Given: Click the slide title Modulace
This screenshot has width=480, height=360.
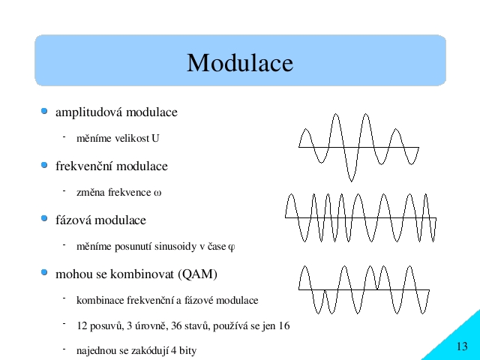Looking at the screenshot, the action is pyautogui.click(x=240, y=63).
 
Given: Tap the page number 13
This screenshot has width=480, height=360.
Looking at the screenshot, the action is pyautogui.click(x=462, y=346).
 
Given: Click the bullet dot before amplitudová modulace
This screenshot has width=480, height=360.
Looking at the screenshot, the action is pyautogui.click(x=44, y=111).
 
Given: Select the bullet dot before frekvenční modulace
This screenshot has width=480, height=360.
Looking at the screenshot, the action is pyautogui.click(x=44, y=165).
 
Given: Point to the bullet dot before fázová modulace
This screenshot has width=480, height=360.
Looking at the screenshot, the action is pyautogui.click(x=44, y=218).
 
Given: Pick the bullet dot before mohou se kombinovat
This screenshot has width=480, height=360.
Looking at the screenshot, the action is pyautogui.click(x=44, y=272).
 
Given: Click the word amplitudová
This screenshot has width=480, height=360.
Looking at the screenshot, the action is pyautogui.click(x=89, y=112).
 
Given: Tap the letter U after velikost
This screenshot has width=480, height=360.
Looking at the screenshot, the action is pyautogui.click(x=155, y=138).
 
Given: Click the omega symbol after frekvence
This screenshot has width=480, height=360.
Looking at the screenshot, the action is pyautogui.click(x=157, y=193).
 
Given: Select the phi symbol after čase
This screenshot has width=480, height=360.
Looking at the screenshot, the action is pyautogui.click(x=232, y=247).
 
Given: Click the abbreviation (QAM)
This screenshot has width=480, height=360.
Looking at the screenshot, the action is pyautogui.click(x=198, y=274).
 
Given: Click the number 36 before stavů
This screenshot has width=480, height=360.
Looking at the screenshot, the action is pyautogui.click(x=177, y=325).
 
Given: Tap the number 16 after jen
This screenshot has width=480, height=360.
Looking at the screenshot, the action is pyautogui.click(x=283, y=325).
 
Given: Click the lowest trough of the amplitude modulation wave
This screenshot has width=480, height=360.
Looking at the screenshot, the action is pyautogui.click(x=351, y=181).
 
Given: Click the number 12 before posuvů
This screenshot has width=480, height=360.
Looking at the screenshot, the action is pyautogui.click(x=82, y=325).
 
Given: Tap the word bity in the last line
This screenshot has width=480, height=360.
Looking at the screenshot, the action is pyautogui.click(x=187, y=351).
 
